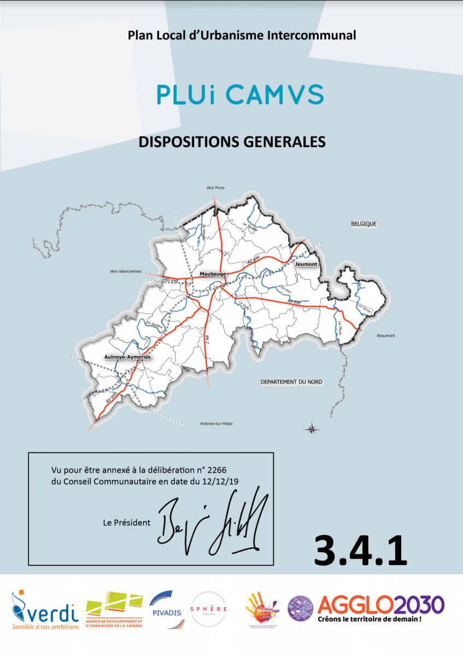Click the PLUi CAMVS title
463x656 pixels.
pyautogui.click(x=240, y=95)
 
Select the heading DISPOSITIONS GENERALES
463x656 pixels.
pyautogui.click(x=232, y=142)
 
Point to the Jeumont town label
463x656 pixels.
pyautogui.click(x=306, y=264)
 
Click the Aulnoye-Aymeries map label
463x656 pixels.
pyautogui.click(x=127, y=356)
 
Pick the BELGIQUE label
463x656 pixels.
pyautogui.click(x=364, y=224)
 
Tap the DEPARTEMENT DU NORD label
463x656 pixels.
pyautogui.click(x=291, y=382)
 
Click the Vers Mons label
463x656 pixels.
pyautogui.click(x=215, y=188)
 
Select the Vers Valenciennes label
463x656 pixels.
pyautogui.click(x=125, y=271)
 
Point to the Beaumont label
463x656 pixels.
pyautogui.click(x=385, y=336)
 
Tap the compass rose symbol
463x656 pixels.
pyautogui.click(x=312, y=428)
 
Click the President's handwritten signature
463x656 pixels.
pyautogui.click(x=213, y=521)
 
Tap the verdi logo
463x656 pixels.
pyautogui.click(x=45, y=609)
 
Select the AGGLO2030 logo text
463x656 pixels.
pyautogui.click(x=380, y=605)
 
